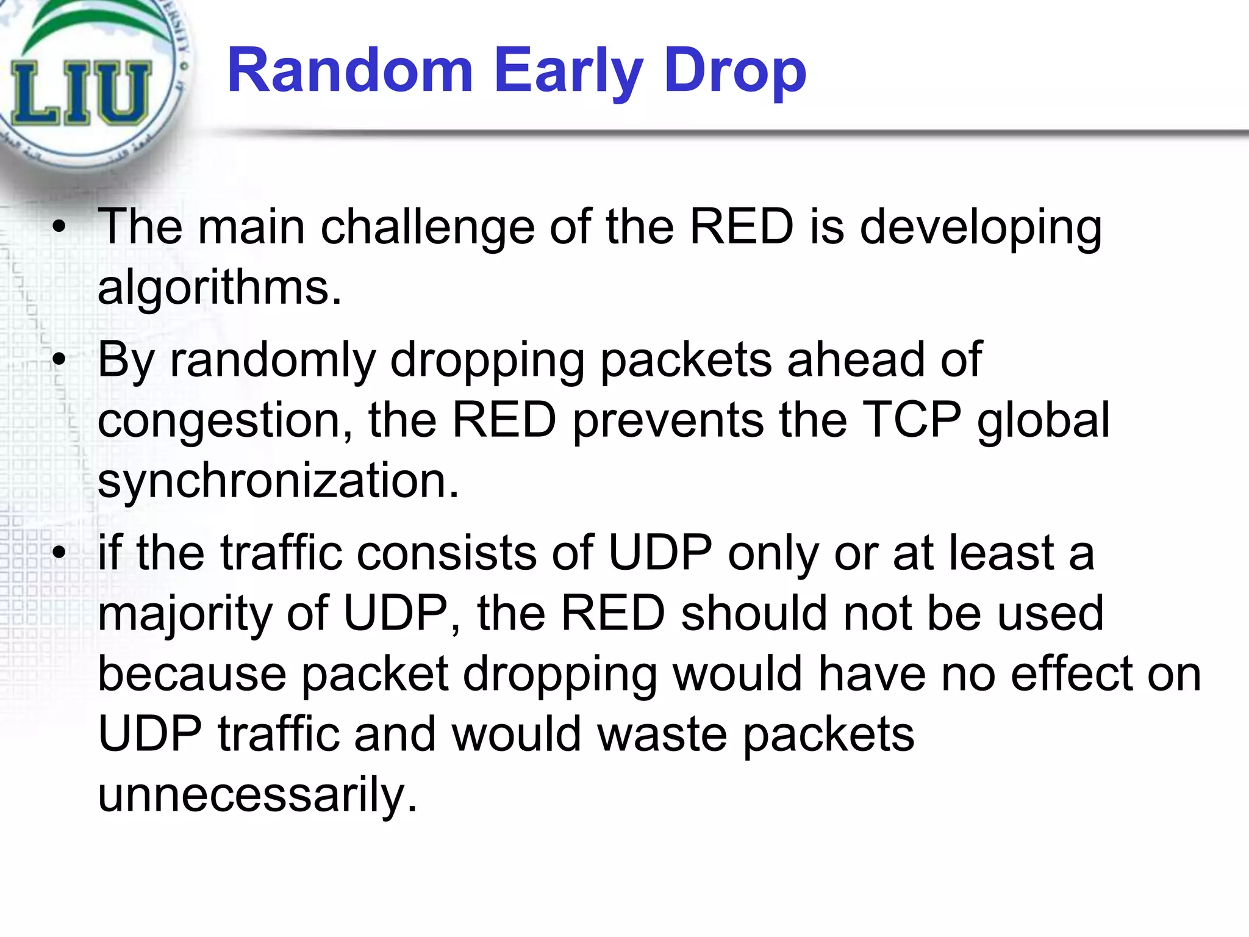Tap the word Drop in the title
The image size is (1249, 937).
click(735, 72)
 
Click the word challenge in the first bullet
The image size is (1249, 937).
click(428, 227)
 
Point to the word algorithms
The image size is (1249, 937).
click(220, 287)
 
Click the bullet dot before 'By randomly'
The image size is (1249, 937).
click(59, 360)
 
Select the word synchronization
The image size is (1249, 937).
click(277, 481)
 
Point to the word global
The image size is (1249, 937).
click(1043, 421)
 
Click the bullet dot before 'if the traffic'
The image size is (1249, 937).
click(59, 553)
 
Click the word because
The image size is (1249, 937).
click(191, 673)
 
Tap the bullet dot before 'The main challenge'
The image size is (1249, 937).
click(59, 228)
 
